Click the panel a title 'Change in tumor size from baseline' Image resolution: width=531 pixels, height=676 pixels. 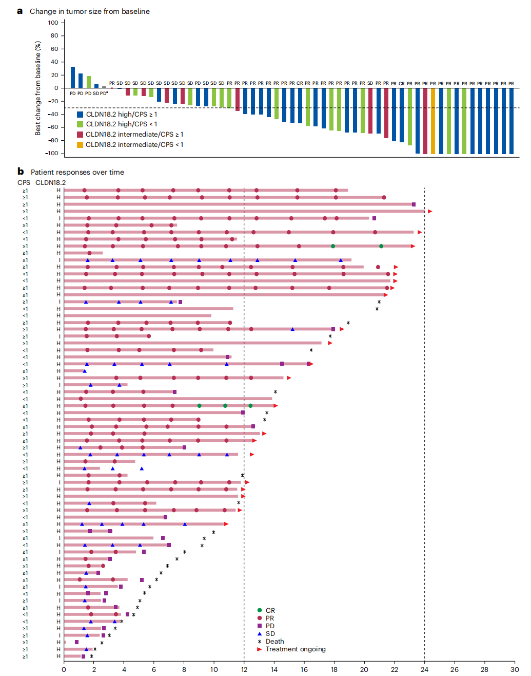(x=90, y=11)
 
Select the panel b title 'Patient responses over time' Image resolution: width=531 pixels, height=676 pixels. (x=77, y=172)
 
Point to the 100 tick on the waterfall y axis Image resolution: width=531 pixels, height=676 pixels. (x=53, y=23)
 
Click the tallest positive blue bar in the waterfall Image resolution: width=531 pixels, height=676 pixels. (x=73, y=78)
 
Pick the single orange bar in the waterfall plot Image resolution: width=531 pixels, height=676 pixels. (x=433, y=121)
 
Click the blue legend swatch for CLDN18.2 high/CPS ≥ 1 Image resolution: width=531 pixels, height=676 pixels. (x=80, y=115)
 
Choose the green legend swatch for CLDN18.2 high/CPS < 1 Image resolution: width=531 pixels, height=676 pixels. (x=80, y=124)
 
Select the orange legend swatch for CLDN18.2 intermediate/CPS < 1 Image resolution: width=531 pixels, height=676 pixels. (x=80, y=145)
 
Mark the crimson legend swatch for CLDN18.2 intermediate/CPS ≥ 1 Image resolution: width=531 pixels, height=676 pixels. (x=80, y=135)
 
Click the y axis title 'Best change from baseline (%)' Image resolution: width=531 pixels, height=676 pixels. (x=38, y=88)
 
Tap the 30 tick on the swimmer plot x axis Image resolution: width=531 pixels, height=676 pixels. (x=515, y=669)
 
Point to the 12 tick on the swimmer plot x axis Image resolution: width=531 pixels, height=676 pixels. (x=244, y=669)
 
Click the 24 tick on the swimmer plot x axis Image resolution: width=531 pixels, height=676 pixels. (x=424, y=669)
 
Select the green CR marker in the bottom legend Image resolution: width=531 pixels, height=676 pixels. (x=260, y=610)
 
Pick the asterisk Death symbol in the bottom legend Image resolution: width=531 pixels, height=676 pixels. (x=260, y=642)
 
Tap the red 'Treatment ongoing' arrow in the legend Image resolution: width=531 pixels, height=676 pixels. (x=260, y=649)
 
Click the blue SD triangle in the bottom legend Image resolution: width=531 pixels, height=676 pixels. (x=260, y=634)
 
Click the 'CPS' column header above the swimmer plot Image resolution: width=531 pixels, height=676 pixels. (x=24, y=182)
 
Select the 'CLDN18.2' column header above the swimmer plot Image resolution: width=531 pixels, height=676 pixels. (x=50, y=182)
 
